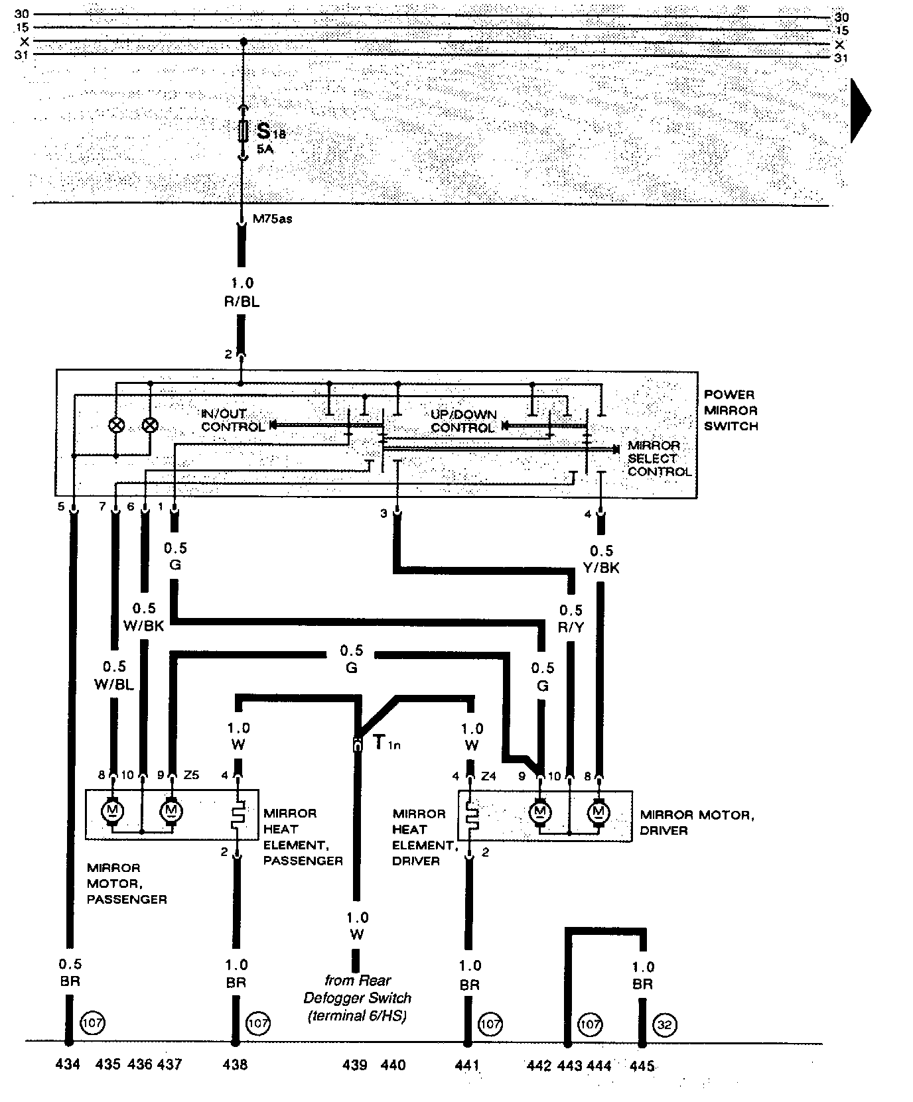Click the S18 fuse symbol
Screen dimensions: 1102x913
(x=244, y=131)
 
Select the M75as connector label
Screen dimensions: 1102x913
(x=272, y=219)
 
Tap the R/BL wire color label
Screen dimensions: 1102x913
(x=242, y=302)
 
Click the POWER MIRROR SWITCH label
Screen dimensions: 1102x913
(x=731, y=410)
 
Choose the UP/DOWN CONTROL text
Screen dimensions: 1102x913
(x=464, y=421)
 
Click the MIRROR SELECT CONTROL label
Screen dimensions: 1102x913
(x=660, y=458)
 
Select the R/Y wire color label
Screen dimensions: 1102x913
(x=571, y=627)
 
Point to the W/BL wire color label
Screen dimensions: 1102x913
(x=114, y=684)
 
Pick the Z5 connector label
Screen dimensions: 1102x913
(x=191, y=775)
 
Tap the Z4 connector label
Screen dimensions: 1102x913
(x=488, y=776)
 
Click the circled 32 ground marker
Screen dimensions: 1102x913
(x=664, y=1024)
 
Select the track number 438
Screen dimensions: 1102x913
(x=235, y=1065)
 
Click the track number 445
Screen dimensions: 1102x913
(x=642, y=1066)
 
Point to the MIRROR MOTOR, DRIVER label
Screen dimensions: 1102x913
(x=696, y=822)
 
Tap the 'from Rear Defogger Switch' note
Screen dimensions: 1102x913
(x=358, y=998)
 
